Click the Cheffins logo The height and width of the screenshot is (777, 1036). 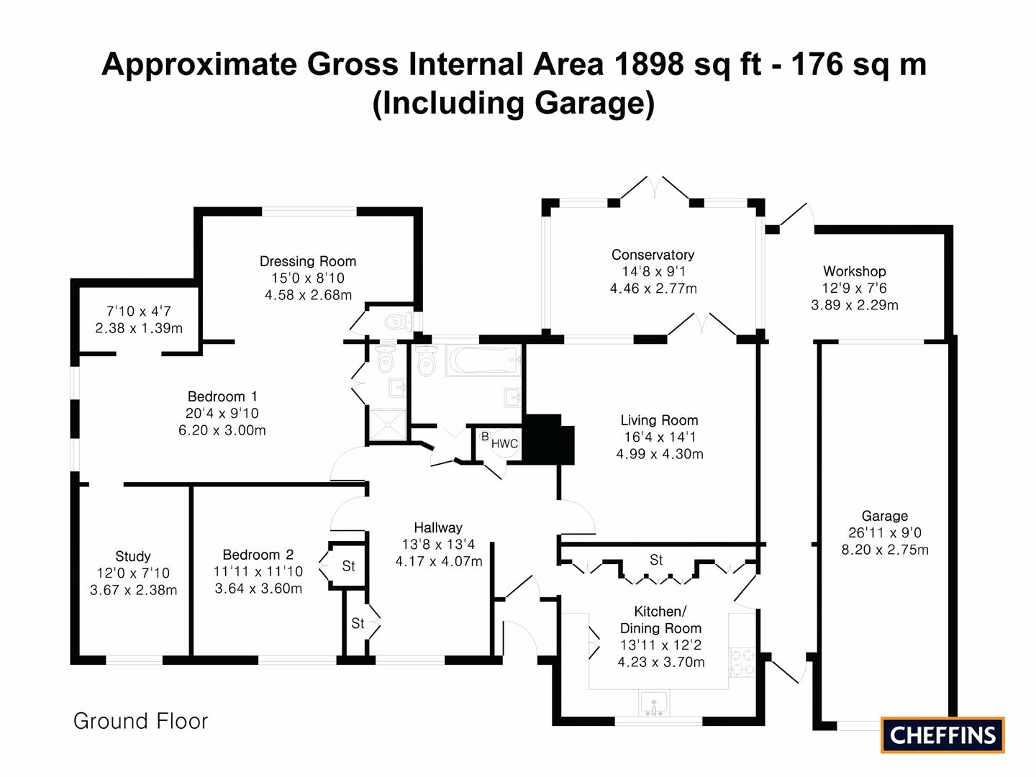coord(942,735)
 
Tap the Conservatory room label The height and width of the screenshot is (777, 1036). coord(653,255)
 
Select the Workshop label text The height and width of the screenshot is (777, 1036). coord(854,271)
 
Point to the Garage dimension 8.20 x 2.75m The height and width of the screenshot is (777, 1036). coord(884,550)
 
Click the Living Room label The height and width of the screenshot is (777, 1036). coord(659,420)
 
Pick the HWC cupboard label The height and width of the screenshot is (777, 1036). coord(504,443)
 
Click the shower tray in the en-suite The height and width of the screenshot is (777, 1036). coord(388,425)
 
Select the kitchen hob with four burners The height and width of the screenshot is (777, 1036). coord(742,663)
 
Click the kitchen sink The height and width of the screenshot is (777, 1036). coord(653,704)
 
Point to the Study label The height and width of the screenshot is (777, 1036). coord(132,556)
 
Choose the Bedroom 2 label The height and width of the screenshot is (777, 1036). coord(258,554)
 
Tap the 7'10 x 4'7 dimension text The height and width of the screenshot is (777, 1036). coord(138,311)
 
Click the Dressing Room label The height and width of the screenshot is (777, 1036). coord(308,261)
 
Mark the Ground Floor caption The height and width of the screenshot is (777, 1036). coord(140,721)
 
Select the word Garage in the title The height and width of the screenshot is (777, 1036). coord(586,104)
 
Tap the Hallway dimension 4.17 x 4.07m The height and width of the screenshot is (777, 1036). coord(438,561)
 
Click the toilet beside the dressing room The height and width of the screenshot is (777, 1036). coord(399,323)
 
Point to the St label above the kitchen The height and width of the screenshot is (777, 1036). coord(656,560)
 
